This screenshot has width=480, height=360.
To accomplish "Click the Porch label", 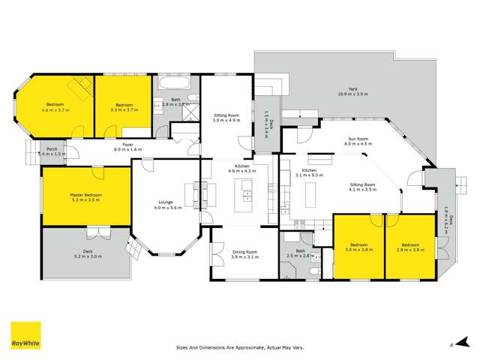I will [x=52, y=151].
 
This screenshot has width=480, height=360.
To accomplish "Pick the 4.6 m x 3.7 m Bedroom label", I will [x=56, y=106].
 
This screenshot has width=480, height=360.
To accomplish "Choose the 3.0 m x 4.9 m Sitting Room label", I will [x=226, y=117].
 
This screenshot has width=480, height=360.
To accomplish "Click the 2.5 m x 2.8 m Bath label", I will [x=299, y=253].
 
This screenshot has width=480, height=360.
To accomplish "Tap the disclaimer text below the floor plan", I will [x=240, y=348].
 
